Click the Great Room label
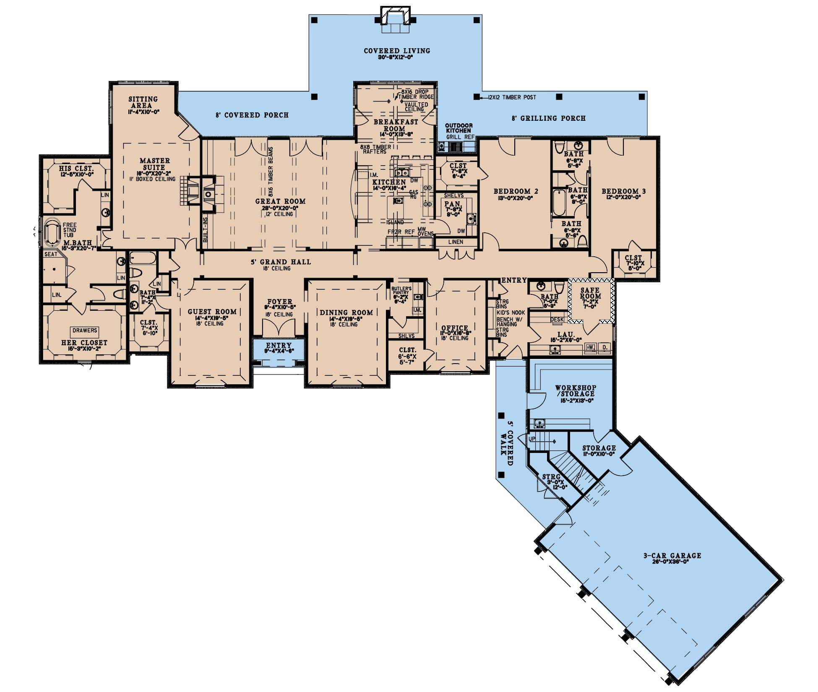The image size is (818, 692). click(280, 201)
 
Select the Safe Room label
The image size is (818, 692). click(590, 293)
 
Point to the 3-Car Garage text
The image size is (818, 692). click(672, 556)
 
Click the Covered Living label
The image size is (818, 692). click(396, 51)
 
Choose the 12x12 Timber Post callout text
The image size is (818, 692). click(512, 97)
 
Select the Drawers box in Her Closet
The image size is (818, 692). click(85, 330)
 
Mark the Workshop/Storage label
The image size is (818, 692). click(575, 391)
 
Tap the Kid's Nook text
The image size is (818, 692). click(511, 313)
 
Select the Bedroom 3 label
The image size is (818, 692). click(623, 192)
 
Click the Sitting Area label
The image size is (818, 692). click(143, 102)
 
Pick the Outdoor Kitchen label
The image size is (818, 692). click(458, 128)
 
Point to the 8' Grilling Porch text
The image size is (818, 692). click(548, 118)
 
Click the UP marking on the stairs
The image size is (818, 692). click(532, 439)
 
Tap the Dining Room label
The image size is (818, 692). click(346, 312)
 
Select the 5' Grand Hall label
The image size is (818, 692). click(281, 262)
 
